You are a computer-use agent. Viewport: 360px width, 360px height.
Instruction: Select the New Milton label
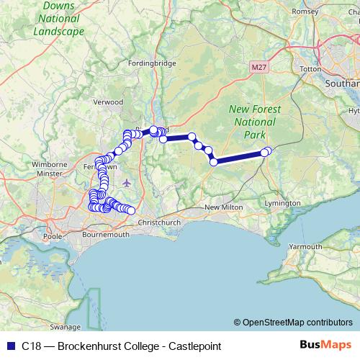coord(221,208)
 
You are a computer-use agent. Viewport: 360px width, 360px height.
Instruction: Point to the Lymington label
coord(282,203)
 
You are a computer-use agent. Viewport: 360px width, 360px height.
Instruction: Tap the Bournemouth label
coord(106,235)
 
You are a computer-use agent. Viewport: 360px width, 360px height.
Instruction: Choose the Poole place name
coord(53,235)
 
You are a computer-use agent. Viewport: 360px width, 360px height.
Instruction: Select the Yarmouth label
coord(305,246)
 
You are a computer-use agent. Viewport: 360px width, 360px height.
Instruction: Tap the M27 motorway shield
coord(259,67)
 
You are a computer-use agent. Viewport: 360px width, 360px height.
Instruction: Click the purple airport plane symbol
coord(127,182)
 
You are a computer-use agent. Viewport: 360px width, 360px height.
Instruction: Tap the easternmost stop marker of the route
coord(268,150)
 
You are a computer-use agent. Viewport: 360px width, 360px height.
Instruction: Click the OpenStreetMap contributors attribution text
coord(297,323)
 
